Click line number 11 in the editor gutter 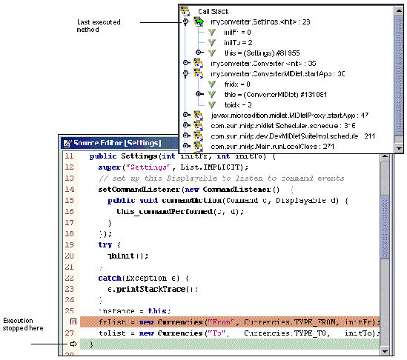[69, 157]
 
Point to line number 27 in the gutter [69, 333]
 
